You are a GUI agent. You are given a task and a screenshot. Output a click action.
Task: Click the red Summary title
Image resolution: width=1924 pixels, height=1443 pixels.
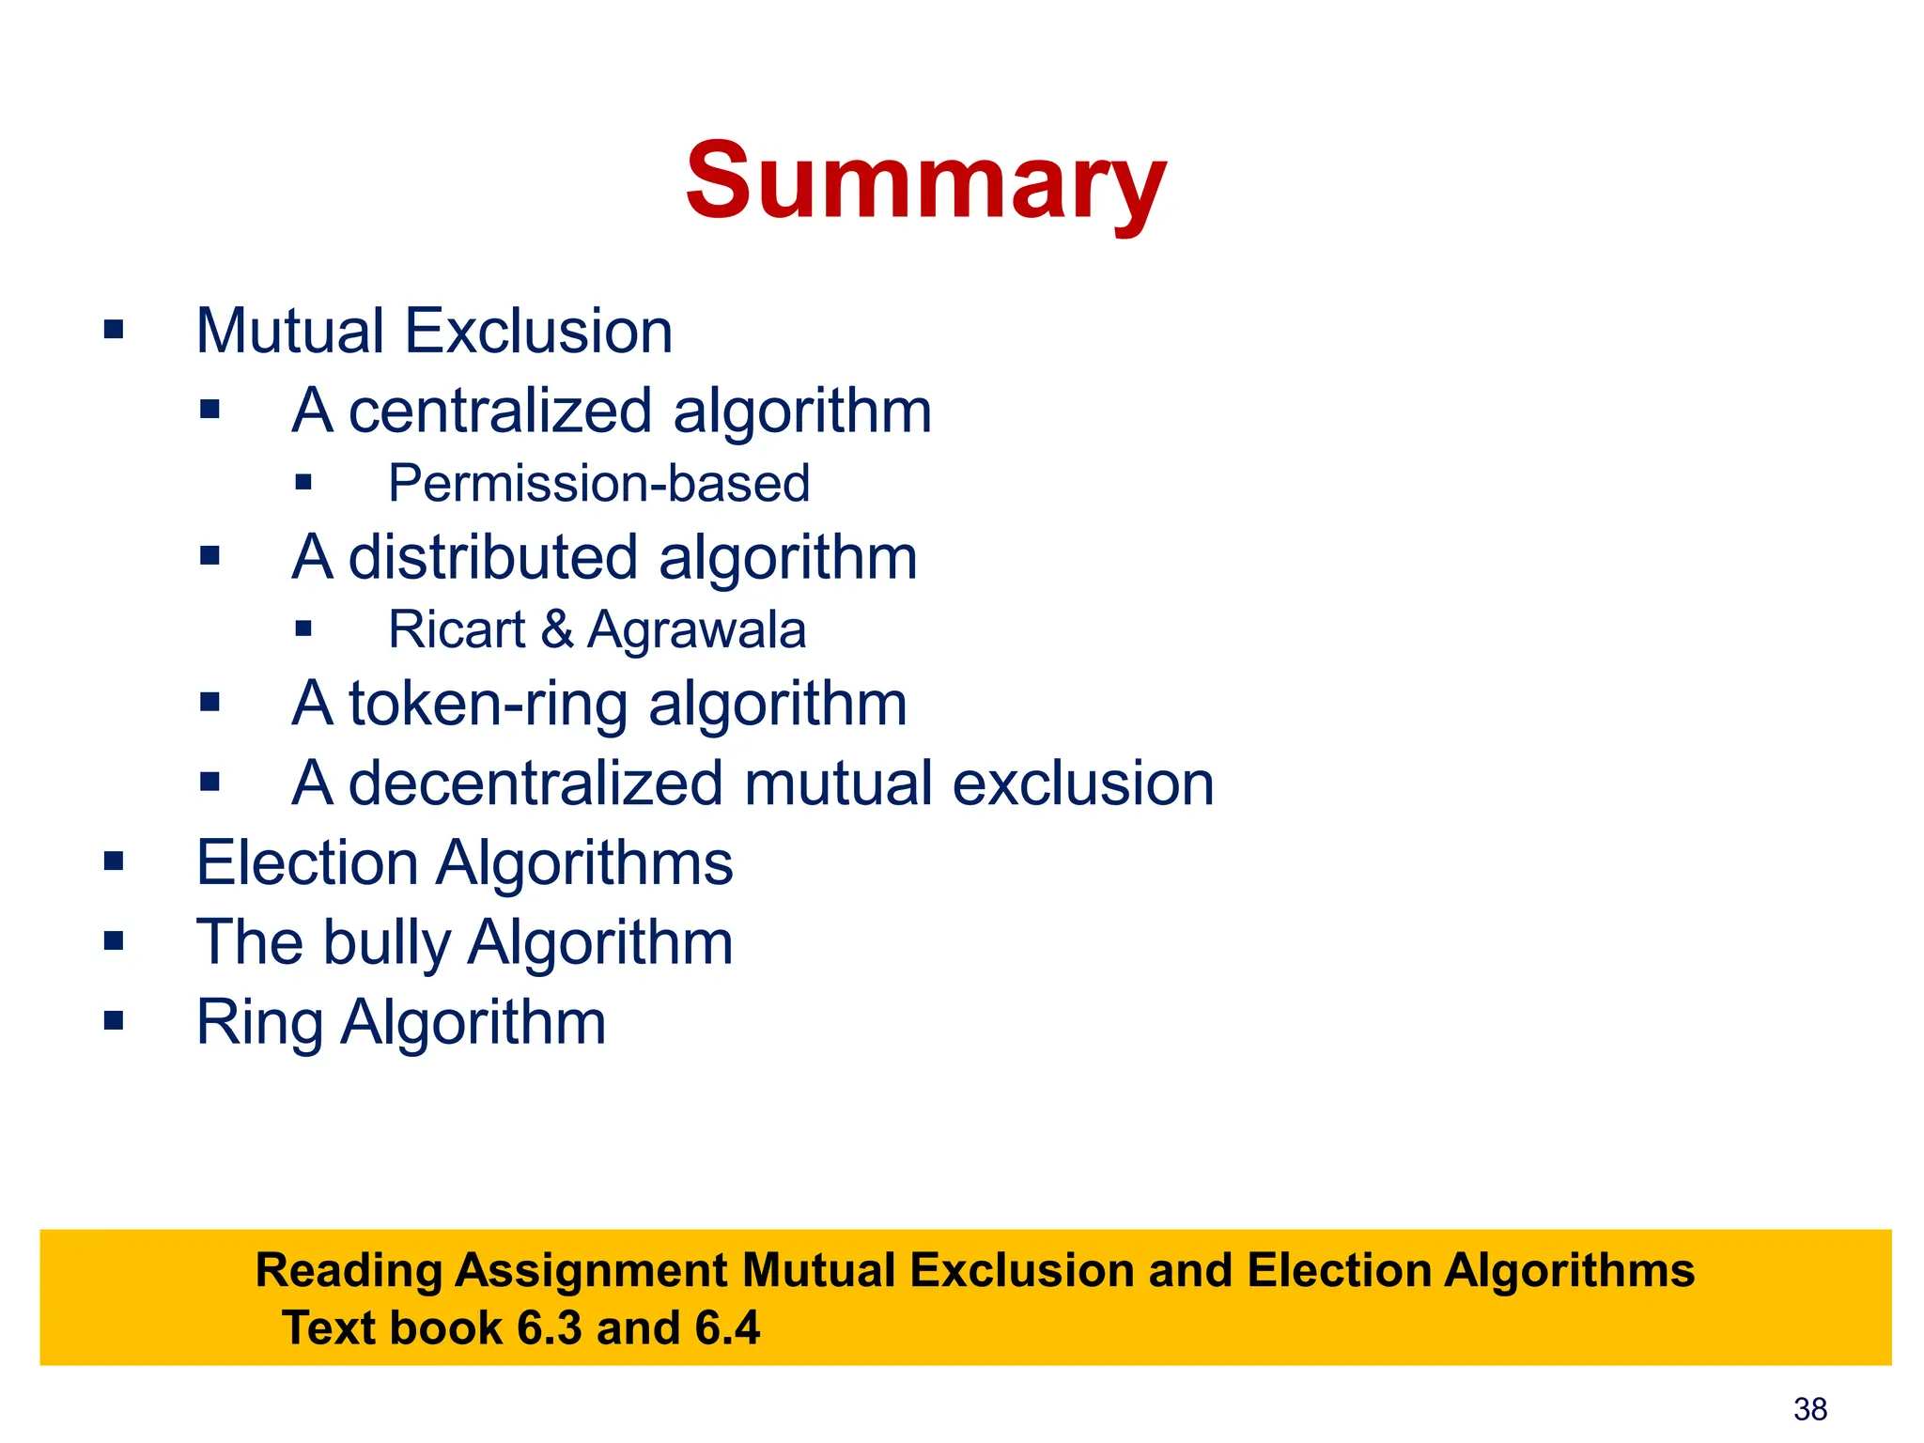click(x=925, y=181)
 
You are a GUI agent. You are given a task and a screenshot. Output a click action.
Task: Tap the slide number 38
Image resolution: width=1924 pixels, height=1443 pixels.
click(x=1809, y=1409)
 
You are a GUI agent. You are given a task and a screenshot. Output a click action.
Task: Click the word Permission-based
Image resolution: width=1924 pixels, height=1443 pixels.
click(x=598, y=484)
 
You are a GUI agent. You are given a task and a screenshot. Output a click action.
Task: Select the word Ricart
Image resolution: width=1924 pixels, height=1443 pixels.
click(x=457, y=629)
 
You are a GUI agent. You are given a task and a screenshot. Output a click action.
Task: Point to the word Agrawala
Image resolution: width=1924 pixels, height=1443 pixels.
click(x=696, y=629)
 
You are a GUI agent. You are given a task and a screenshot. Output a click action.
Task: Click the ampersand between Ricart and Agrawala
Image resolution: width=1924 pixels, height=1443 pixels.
click(x=556, y=629)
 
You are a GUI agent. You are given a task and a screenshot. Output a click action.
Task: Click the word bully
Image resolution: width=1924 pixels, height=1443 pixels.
click(x=387, y=943)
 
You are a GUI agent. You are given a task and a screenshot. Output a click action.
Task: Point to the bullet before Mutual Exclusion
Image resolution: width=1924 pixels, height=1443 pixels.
click(x=114, y=330)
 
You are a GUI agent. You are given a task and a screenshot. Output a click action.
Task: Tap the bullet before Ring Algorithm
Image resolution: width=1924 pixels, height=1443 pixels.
click(x=114, y=1020)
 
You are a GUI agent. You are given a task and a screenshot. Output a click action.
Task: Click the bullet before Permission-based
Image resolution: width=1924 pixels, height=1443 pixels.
click(x=303, y=483)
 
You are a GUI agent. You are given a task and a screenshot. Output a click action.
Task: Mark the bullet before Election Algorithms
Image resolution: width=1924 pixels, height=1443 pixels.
click(x=114, y=861)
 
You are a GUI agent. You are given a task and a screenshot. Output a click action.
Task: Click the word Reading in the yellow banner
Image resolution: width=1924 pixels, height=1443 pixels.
click(x=349, y=1271)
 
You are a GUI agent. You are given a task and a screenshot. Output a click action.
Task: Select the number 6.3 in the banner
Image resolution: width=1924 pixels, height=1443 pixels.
click(x=550, y=1328)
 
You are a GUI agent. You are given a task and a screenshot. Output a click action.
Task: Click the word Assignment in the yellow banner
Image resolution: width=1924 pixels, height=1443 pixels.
click(x=592, y=1271)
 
